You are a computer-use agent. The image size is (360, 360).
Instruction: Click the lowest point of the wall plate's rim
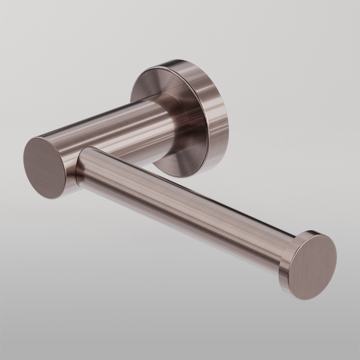[x=180, y=177]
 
